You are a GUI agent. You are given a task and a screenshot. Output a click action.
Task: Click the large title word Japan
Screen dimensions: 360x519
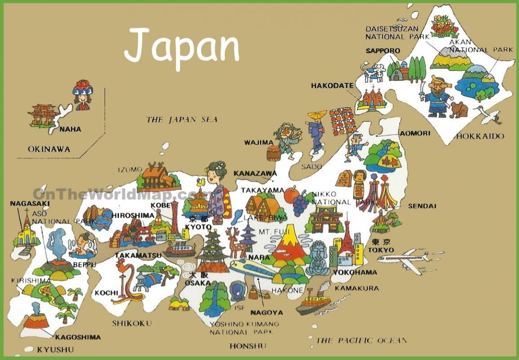click(182, 45)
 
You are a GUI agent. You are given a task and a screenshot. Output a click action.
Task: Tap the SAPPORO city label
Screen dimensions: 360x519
click(383, 51)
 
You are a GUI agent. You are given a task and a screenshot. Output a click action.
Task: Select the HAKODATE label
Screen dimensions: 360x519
click(332, 86)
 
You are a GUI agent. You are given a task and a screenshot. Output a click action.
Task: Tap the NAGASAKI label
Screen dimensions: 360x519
click(30, 203)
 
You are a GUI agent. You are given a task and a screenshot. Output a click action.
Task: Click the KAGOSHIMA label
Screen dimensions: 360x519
click(78, 337)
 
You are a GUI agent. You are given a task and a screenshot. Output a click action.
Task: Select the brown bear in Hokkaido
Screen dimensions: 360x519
click(458, 110)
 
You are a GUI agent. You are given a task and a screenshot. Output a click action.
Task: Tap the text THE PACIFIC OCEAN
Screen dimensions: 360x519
click(362, 340)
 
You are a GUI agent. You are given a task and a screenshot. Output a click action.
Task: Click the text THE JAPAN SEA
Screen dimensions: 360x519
click(182, 119)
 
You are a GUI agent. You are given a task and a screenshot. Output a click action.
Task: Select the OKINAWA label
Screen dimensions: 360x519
click(49, 149)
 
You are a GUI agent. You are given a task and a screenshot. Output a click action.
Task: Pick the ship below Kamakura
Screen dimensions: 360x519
click(314, 302)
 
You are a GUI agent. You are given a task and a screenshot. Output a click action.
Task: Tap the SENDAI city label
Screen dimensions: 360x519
click(422, 206)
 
